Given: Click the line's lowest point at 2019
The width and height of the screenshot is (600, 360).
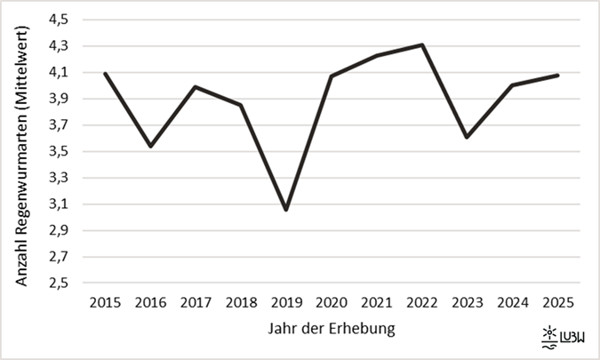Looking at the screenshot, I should tap(286, 210).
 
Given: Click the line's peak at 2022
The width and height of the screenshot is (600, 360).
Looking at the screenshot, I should tap(423, 44).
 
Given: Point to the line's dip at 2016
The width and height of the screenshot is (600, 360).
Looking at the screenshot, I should tap(150, 146).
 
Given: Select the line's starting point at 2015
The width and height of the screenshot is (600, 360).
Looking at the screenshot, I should tap(105, 73).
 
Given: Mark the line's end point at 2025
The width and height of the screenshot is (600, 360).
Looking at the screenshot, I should tap(558, 76).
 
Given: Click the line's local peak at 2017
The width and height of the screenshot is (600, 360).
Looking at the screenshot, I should tap(196, 86).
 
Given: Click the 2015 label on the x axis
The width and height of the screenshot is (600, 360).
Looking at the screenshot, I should tap(105, 302).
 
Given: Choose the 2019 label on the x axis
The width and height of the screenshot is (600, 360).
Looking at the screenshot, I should tap(286, 302).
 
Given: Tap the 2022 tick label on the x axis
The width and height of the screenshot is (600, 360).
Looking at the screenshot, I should tap(423, 302).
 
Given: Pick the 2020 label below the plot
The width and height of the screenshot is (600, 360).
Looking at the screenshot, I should tap(332, 302).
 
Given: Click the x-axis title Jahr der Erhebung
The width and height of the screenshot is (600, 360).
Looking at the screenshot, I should tap(331, 329).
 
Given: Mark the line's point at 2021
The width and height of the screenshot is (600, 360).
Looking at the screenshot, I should tap(377, 55).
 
